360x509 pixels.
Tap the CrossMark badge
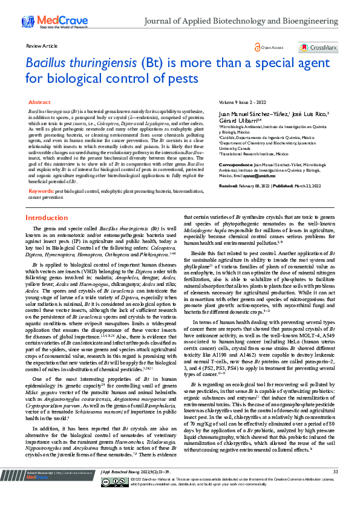click(x=318, y=47)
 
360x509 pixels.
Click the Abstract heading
click(x=39, y=103)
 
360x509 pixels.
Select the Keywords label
click(x=41, y=157)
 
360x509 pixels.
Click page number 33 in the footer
click(x=336, y=488)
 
